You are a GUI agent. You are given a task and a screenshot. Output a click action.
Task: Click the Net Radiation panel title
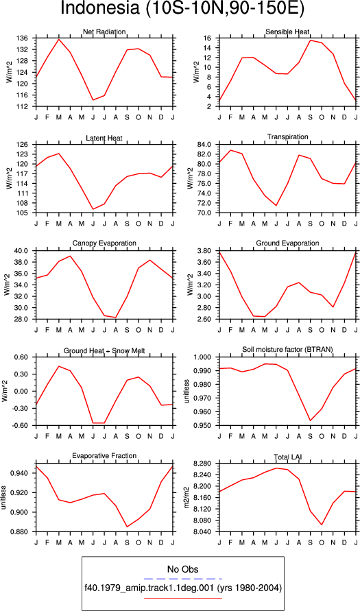click(104, 32)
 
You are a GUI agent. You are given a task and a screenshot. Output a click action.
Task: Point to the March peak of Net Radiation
click(59, 39)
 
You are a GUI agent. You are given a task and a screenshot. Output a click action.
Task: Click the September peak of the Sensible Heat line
click(311, 40)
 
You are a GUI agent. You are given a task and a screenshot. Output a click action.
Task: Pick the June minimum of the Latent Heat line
click(82, 209)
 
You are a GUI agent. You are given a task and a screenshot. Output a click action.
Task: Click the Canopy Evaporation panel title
click(104, 243)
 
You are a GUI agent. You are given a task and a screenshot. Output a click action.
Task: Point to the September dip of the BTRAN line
click(311, 420)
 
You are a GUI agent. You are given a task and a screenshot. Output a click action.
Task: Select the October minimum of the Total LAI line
click(322, 525)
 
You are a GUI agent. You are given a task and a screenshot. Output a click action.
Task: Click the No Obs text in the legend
click(182, 569)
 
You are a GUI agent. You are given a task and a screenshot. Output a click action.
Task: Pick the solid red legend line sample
click(182, 597)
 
